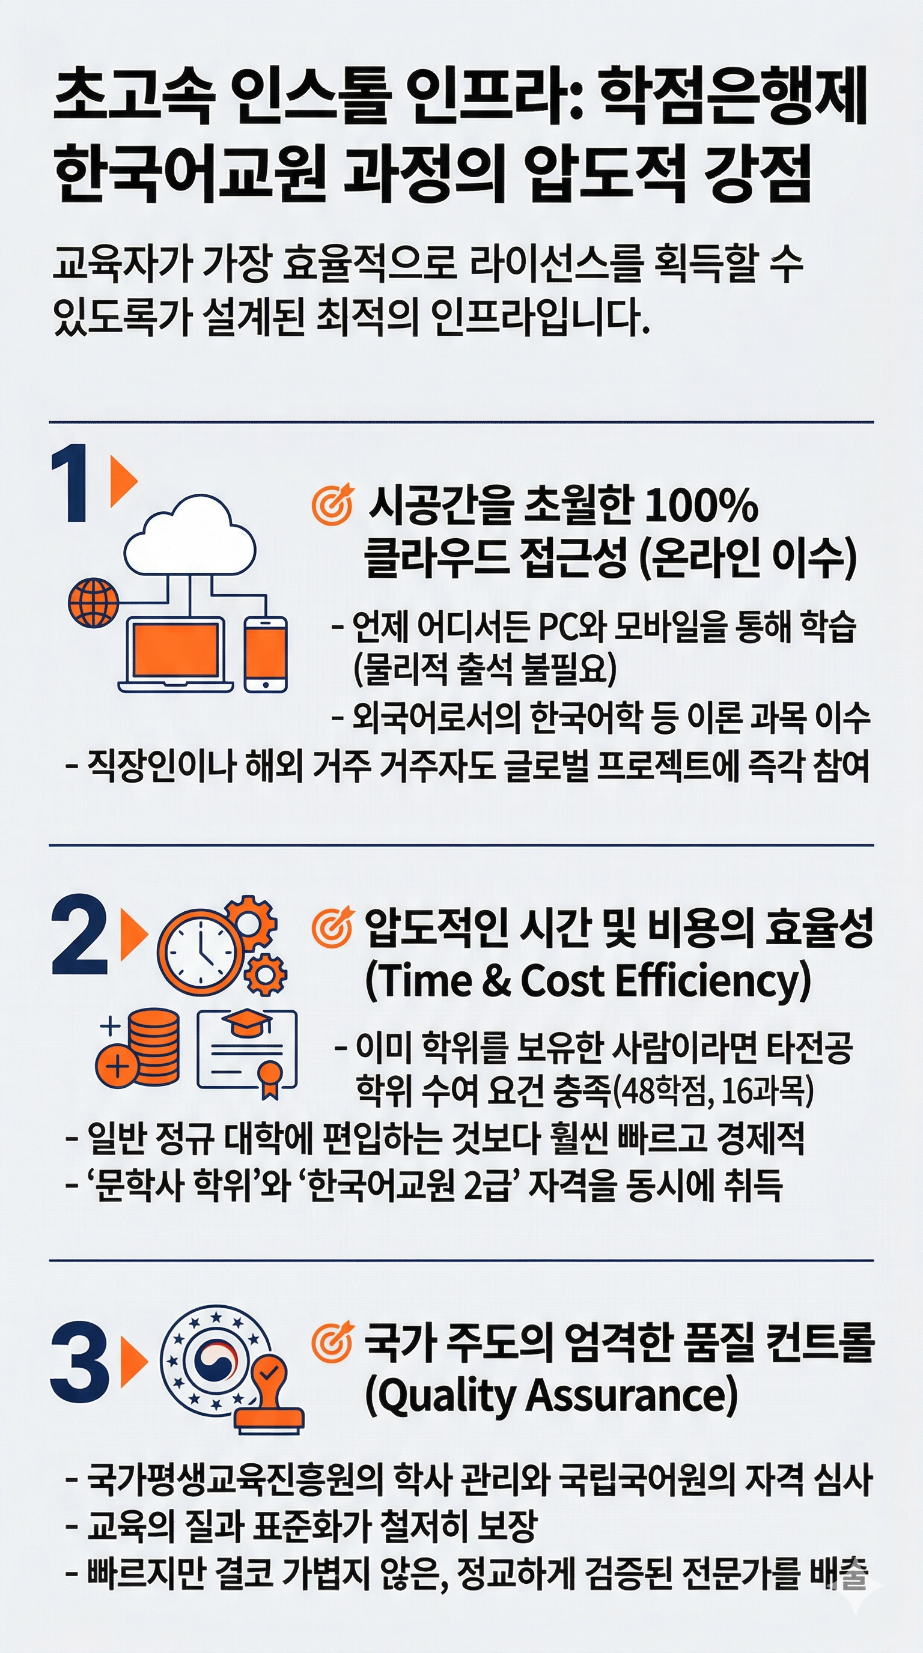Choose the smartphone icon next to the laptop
[266, 654]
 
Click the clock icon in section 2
[200, 952]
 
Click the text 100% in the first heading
[700, 506]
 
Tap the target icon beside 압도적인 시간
[332, 928]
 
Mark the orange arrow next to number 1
[124, 481]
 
